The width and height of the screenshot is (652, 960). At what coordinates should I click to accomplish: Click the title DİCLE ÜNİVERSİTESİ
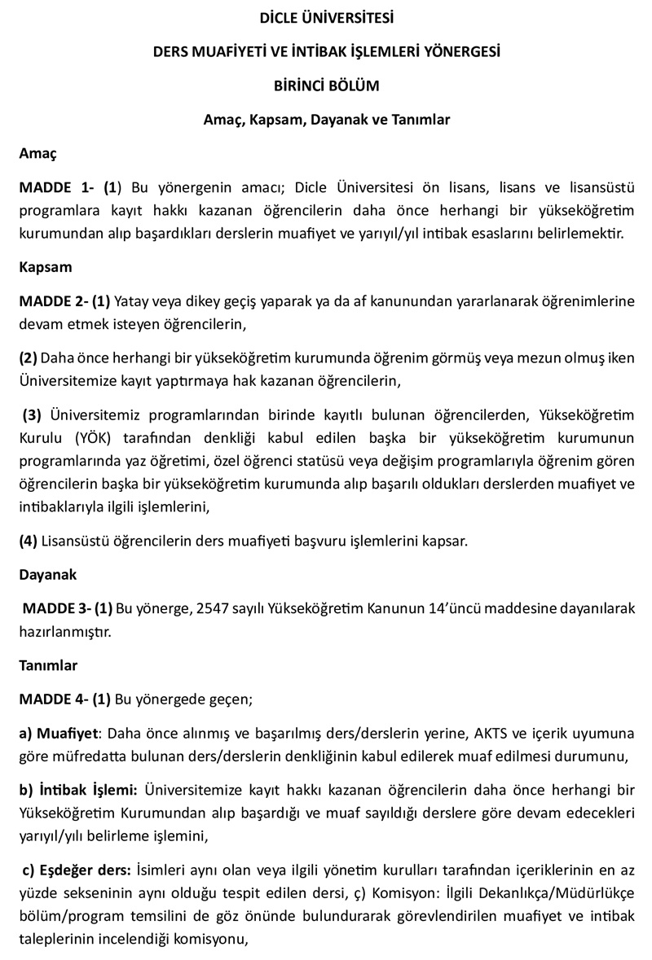pyautogui.click(x=326, y=16)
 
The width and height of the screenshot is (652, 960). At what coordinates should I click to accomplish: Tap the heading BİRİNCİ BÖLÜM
pyautogui.click(x=326, y=85)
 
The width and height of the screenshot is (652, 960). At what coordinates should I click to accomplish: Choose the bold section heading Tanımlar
pyautogui.click(x=48, y=665)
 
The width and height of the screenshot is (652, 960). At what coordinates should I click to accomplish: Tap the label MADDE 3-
pyautogui.click(x=57, y=608)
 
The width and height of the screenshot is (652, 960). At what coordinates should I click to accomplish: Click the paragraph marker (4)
pyautogui.click(x=29, y=541)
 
